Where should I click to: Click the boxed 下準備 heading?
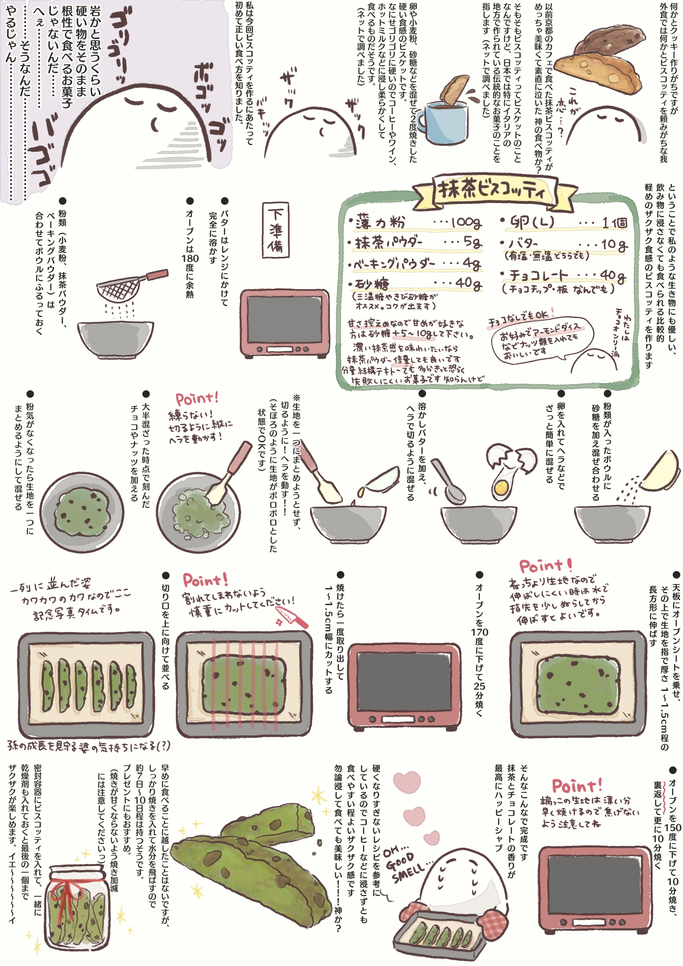[x=276, y=230]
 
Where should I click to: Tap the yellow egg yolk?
[x=501, y=488]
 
